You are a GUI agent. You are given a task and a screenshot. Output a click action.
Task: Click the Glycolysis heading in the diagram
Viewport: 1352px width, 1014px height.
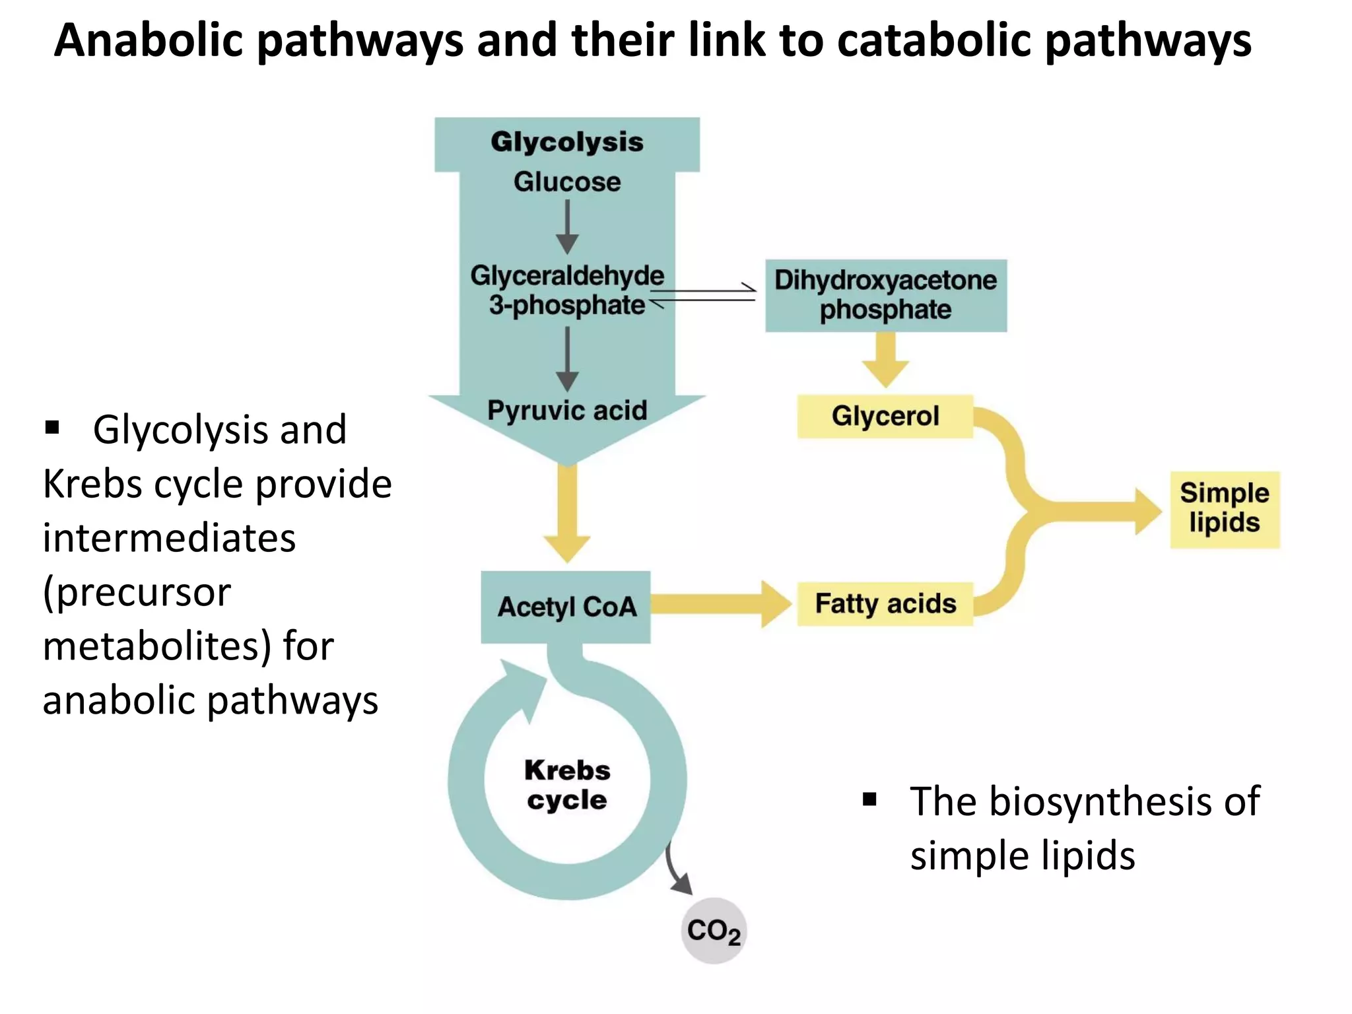566,142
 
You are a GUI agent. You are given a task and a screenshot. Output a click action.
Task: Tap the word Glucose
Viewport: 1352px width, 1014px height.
566,182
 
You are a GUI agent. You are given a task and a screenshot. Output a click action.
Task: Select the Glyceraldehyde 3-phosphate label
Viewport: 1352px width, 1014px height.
566,290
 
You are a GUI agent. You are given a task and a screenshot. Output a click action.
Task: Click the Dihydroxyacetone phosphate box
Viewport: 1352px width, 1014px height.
885,295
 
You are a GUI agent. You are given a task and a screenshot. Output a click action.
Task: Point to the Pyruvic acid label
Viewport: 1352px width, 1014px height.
566,411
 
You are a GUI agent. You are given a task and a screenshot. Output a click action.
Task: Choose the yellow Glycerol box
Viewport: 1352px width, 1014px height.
885,416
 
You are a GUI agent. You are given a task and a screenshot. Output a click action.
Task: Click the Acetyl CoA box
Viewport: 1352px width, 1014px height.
566,607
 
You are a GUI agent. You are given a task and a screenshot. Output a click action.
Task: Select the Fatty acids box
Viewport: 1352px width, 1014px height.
885,603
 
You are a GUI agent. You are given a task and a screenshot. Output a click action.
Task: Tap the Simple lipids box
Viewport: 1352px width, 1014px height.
1224,509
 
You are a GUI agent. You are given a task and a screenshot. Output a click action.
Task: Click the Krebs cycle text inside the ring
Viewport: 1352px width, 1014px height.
566,784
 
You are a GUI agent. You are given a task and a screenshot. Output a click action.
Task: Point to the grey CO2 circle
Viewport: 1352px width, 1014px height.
714,930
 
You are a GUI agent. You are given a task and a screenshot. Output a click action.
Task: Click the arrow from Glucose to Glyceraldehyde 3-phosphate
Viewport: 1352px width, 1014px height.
566,228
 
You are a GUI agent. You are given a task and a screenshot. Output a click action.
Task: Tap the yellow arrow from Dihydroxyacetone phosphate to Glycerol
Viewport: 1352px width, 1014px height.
885,360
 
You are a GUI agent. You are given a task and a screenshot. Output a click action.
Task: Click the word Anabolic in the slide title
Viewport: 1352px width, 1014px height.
149,41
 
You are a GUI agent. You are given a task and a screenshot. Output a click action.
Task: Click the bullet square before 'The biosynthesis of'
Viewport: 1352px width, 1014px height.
869,800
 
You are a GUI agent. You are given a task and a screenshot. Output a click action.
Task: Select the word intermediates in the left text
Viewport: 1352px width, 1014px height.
169,537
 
